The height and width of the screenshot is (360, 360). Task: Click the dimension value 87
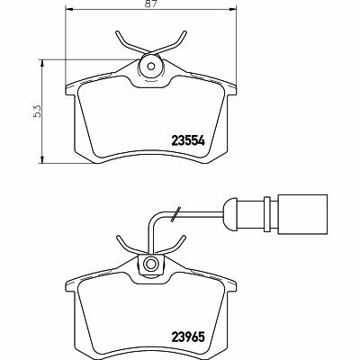coord(152,4)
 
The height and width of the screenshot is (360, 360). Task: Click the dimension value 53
coord(37,111)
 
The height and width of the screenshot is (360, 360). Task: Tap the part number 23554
coord(188,140)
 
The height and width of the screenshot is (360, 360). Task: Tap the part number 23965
coord(188,337)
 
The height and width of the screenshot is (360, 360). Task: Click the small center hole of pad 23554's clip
coord(151,67)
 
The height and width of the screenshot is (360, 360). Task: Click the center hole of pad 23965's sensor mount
coord(149,264)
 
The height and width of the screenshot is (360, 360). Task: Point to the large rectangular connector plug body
coord(302,214)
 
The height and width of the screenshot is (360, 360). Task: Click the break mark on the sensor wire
coord(175,214)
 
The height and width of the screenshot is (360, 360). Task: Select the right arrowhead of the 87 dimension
coord(233,10)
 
